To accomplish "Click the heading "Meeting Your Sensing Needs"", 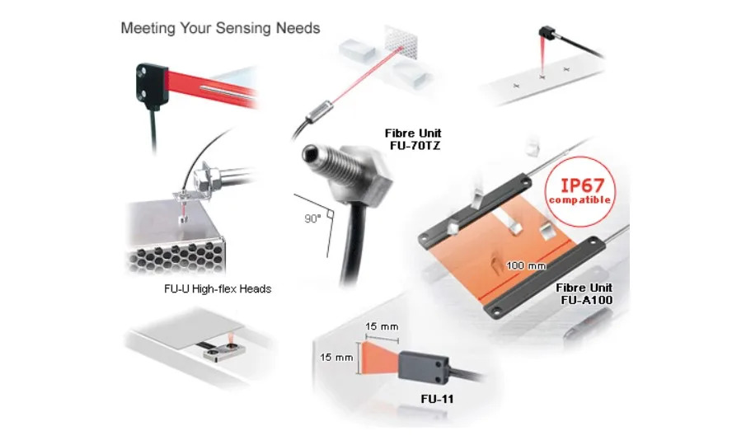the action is point(220,28).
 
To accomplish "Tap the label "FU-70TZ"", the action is point(415,146).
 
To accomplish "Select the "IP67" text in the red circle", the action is point(582,185).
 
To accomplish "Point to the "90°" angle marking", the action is point(312,218).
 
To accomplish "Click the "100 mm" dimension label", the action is point(526,265).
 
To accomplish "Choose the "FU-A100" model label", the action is point(587,300).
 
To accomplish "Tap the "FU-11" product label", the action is point(437,399).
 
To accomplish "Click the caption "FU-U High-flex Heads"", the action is point(218,288).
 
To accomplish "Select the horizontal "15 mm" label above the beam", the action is point(382,326).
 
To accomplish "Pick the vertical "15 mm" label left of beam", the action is point(336,357).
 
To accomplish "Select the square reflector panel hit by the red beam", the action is point(401,42).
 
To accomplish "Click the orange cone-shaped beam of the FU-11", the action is point(380,358).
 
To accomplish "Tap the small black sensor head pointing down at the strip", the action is point(547,32).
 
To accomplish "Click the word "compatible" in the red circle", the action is point(580,199).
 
